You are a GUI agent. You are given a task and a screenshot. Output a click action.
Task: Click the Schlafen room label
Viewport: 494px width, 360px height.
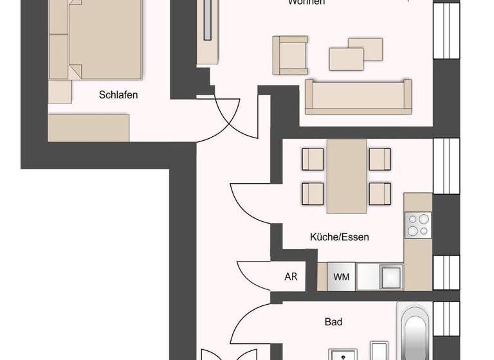click(x=118, y=95)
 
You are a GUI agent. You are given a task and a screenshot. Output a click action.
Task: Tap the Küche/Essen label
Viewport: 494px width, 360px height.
click(x=340, y=237)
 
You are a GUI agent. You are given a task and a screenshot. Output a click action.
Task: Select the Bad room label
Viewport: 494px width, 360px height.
click(x=333, y=321)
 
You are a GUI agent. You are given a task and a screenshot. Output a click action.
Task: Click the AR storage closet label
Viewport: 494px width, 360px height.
click(x=291, y=277)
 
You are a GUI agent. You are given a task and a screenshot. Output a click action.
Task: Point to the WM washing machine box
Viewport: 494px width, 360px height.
click(x=342, y=277)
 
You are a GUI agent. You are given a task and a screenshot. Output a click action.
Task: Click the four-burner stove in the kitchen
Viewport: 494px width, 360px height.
click(x=417, y=225)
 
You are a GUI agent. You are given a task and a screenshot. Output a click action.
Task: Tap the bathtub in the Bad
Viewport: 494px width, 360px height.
click(x=416, y=334)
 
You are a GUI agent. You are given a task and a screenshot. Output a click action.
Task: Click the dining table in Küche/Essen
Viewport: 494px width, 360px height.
click(x=347, y=176)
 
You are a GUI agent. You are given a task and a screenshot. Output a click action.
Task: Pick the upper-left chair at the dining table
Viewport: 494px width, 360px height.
click(x=313, y=158)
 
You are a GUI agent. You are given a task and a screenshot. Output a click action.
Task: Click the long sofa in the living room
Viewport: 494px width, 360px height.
click(x=358, y=97)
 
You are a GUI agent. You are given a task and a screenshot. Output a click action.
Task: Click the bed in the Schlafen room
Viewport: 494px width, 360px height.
click(x=96, y=39)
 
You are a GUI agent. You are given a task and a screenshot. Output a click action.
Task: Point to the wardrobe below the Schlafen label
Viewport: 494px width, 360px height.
click(x=89, y=127)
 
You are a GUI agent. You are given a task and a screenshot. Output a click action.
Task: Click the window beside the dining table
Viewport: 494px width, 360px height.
click(x=446, y=166)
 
